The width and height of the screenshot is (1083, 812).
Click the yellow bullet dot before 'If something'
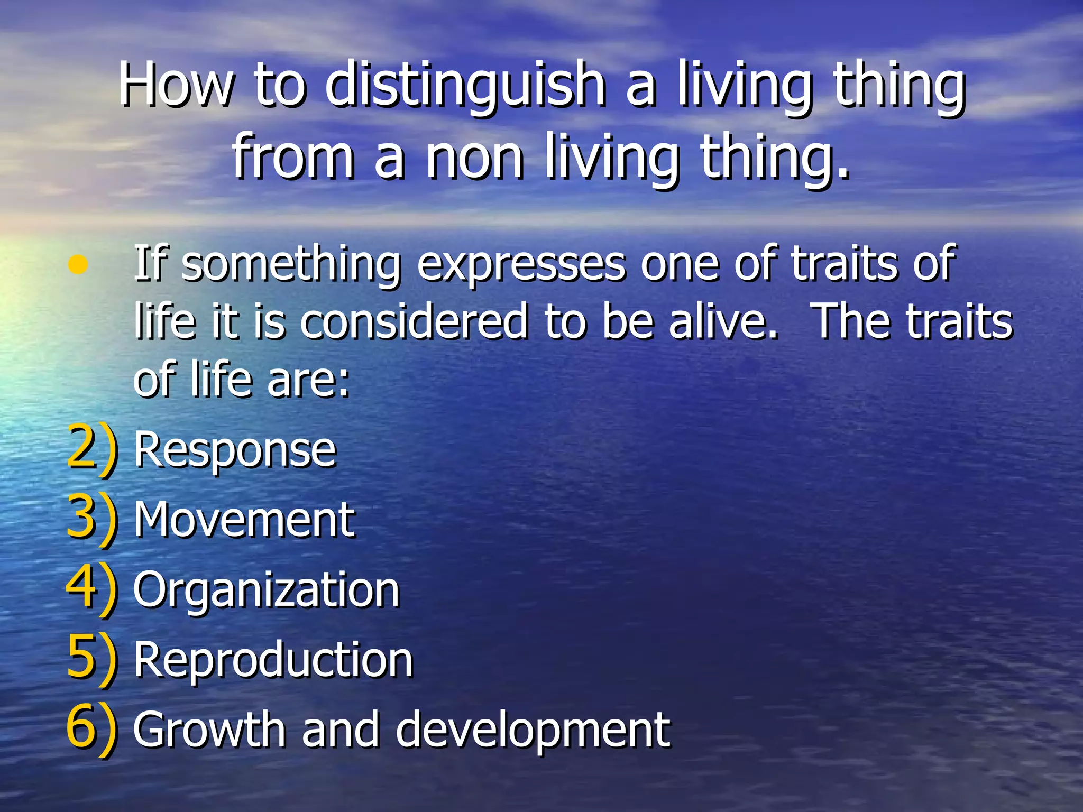pyautogui.click(x=78, y=264)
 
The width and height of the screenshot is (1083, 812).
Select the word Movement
pyautogui.click(x=244, y=520)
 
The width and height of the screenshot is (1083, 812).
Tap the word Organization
pyautogui.click(x=266, y=590)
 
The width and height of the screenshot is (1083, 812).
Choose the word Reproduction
pyautogui.click(x=273, y=659)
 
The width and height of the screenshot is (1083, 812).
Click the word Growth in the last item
pyautogui.click(x=209, y=730)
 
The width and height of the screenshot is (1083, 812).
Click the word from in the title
pyautogui.click(x=294, y=156)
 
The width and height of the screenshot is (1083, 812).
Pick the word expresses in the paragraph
pyautogui.click(x=521, y=264)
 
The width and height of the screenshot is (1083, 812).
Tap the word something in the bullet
pyautogui.click(x=291, y=264)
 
